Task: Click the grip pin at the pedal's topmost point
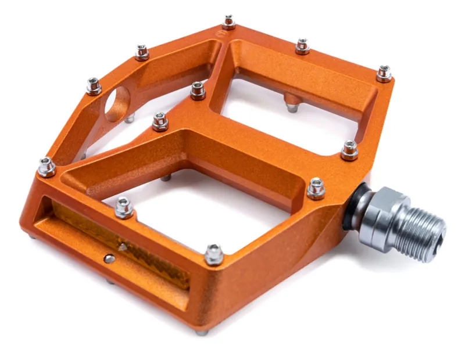[229, 22]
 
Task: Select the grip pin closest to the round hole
[94, 86]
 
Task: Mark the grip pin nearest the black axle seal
[316, 188]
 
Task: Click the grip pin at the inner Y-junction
[198, 90]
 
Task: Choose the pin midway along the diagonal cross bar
[160, 121]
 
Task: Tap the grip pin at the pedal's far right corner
[384, 73]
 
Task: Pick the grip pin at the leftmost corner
[46, 167]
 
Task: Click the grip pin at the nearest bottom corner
[213, 254]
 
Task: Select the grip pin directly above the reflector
[124, 207]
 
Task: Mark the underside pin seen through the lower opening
[166, 177]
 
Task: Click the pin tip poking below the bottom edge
[201, 332]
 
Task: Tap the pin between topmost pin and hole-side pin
[142, 52]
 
